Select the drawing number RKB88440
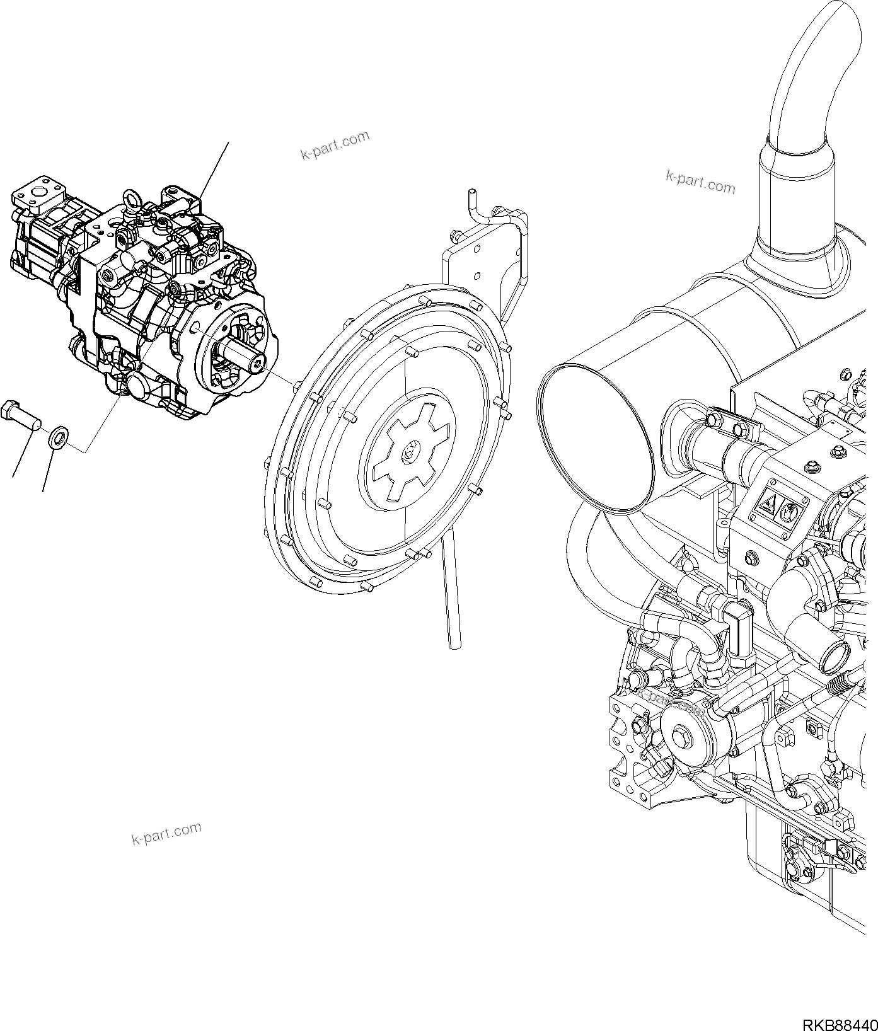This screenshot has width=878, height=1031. [x=839, y=1023]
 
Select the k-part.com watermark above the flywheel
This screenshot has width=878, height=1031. [x=334, y=146]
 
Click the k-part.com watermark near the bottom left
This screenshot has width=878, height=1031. [x=166, y=833]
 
